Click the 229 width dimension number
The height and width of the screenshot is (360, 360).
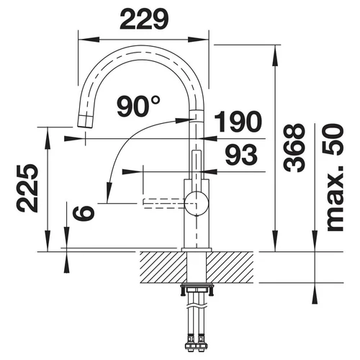point(144,19)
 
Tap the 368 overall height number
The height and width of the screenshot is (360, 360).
point(294,148)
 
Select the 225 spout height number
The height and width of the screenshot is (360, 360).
point(27,189)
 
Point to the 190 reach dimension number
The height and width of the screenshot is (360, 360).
point(238,122)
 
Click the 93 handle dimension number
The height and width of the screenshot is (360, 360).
point(241,155)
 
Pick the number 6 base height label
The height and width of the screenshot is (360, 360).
point(84,213)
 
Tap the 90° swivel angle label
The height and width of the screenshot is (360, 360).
point(138,106)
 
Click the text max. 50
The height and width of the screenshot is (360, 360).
point(334,178)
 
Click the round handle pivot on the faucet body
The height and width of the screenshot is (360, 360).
point(197,204)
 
